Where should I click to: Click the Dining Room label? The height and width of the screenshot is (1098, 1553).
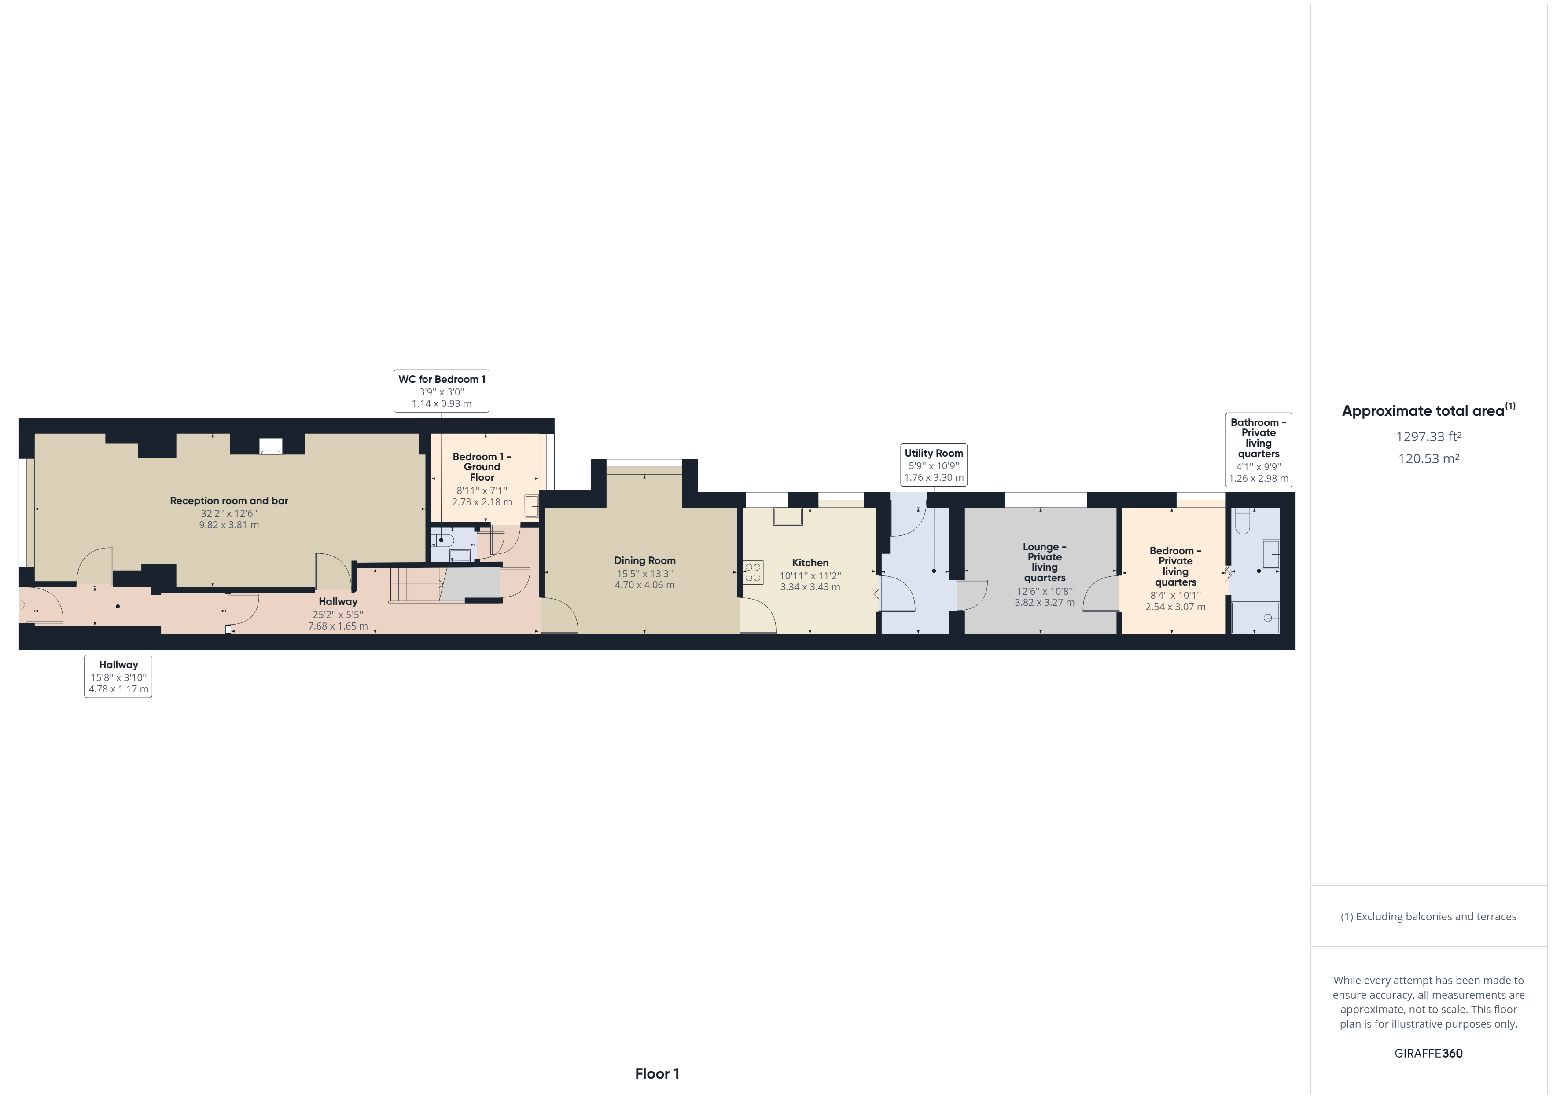(644, 560)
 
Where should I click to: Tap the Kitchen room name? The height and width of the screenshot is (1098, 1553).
(810, 563)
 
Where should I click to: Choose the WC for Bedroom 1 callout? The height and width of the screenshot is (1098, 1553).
(442, 391)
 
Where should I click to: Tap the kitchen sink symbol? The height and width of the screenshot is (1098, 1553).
(788, 516)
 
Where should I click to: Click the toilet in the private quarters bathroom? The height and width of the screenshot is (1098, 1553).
(1243, 520)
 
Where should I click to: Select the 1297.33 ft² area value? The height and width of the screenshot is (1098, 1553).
(1428, 437)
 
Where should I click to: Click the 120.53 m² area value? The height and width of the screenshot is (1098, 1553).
(1428, 458)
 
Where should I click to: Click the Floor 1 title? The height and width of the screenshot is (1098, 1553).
(657, 1074)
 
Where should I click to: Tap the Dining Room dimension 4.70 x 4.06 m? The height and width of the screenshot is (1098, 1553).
(644, 585)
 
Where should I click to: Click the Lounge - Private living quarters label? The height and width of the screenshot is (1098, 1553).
(1044, 563)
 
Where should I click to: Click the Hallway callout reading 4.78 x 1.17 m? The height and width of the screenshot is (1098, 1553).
(118, 677)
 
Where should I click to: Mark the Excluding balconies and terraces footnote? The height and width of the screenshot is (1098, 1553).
(1428, 917)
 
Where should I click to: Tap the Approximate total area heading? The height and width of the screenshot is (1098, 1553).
(1428, 410)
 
